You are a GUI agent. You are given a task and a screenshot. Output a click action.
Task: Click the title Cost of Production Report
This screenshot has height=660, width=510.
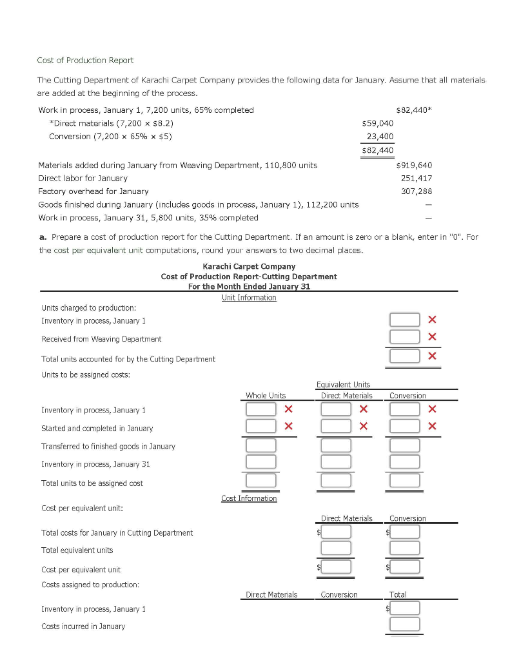(x=85, y=60)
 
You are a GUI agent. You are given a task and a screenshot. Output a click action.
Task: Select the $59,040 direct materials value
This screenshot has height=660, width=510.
(x=378, y=123)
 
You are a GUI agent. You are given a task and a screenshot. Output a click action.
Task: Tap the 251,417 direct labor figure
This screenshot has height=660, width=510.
(x=417, y=178)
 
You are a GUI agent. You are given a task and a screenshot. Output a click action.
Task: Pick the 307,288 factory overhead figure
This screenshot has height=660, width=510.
(x=417, y=191)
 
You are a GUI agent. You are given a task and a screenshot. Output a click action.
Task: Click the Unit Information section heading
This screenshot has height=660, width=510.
(x=249, y=298)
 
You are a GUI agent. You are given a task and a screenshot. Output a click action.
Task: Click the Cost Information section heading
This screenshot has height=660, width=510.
(x=249, y=498)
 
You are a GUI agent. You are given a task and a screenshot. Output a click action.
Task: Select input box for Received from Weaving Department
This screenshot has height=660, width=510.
(x=404, y=336)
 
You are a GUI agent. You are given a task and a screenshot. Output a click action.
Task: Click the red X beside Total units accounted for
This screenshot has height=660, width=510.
(x=432, y=356)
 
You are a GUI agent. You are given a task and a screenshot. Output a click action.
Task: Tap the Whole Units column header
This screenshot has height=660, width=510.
(x=266, y=396)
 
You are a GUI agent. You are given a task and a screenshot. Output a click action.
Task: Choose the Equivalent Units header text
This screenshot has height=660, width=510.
(x=343, y=384)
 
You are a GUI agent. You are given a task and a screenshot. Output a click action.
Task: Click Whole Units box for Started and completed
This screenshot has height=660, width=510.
(x=260, y=426)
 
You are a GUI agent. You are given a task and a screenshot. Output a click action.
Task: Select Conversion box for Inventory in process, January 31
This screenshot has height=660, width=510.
(x=404, y=462)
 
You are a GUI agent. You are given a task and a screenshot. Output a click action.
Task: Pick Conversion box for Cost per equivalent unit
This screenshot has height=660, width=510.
(x=406, y=567)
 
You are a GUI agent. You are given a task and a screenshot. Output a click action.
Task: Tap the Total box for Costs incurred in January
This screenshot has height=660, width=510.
(x=404, y=624)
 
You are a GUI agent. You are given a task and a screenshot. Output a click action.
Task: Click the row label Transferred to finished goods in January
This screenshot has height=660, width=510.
(x=108, y=446)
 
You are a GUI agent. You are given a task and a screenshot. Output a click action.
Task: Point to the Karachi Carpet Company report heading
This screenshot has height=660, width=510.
(x=249, y=266)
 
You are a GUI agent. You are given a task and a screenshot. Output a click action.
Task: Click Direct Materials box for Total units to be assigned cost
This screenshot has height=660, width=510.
(x=336, y=481)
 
